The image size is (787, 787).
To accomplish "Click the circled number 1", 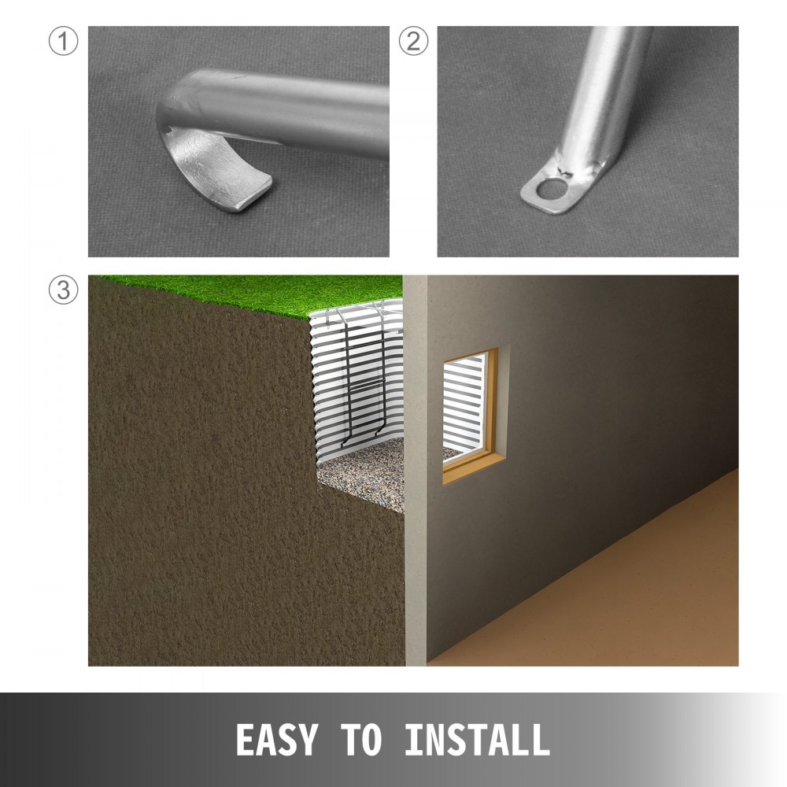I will [63, 42].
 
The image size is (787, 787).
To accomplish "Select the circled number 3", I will [63, 290].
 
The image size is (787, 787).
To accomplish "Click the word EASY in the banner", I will [276, 741].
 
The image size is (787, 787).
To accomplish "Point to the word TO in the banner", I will [361, 741].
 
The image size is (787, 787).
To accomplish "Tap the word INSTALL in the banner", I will [477, 741].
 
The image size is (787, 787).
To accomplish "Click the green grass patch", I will [236, 291].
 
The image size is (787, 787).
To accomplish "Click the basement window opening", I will [466, 409].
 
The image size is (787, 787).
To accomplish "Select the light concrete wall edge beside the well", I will [415, 472].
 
